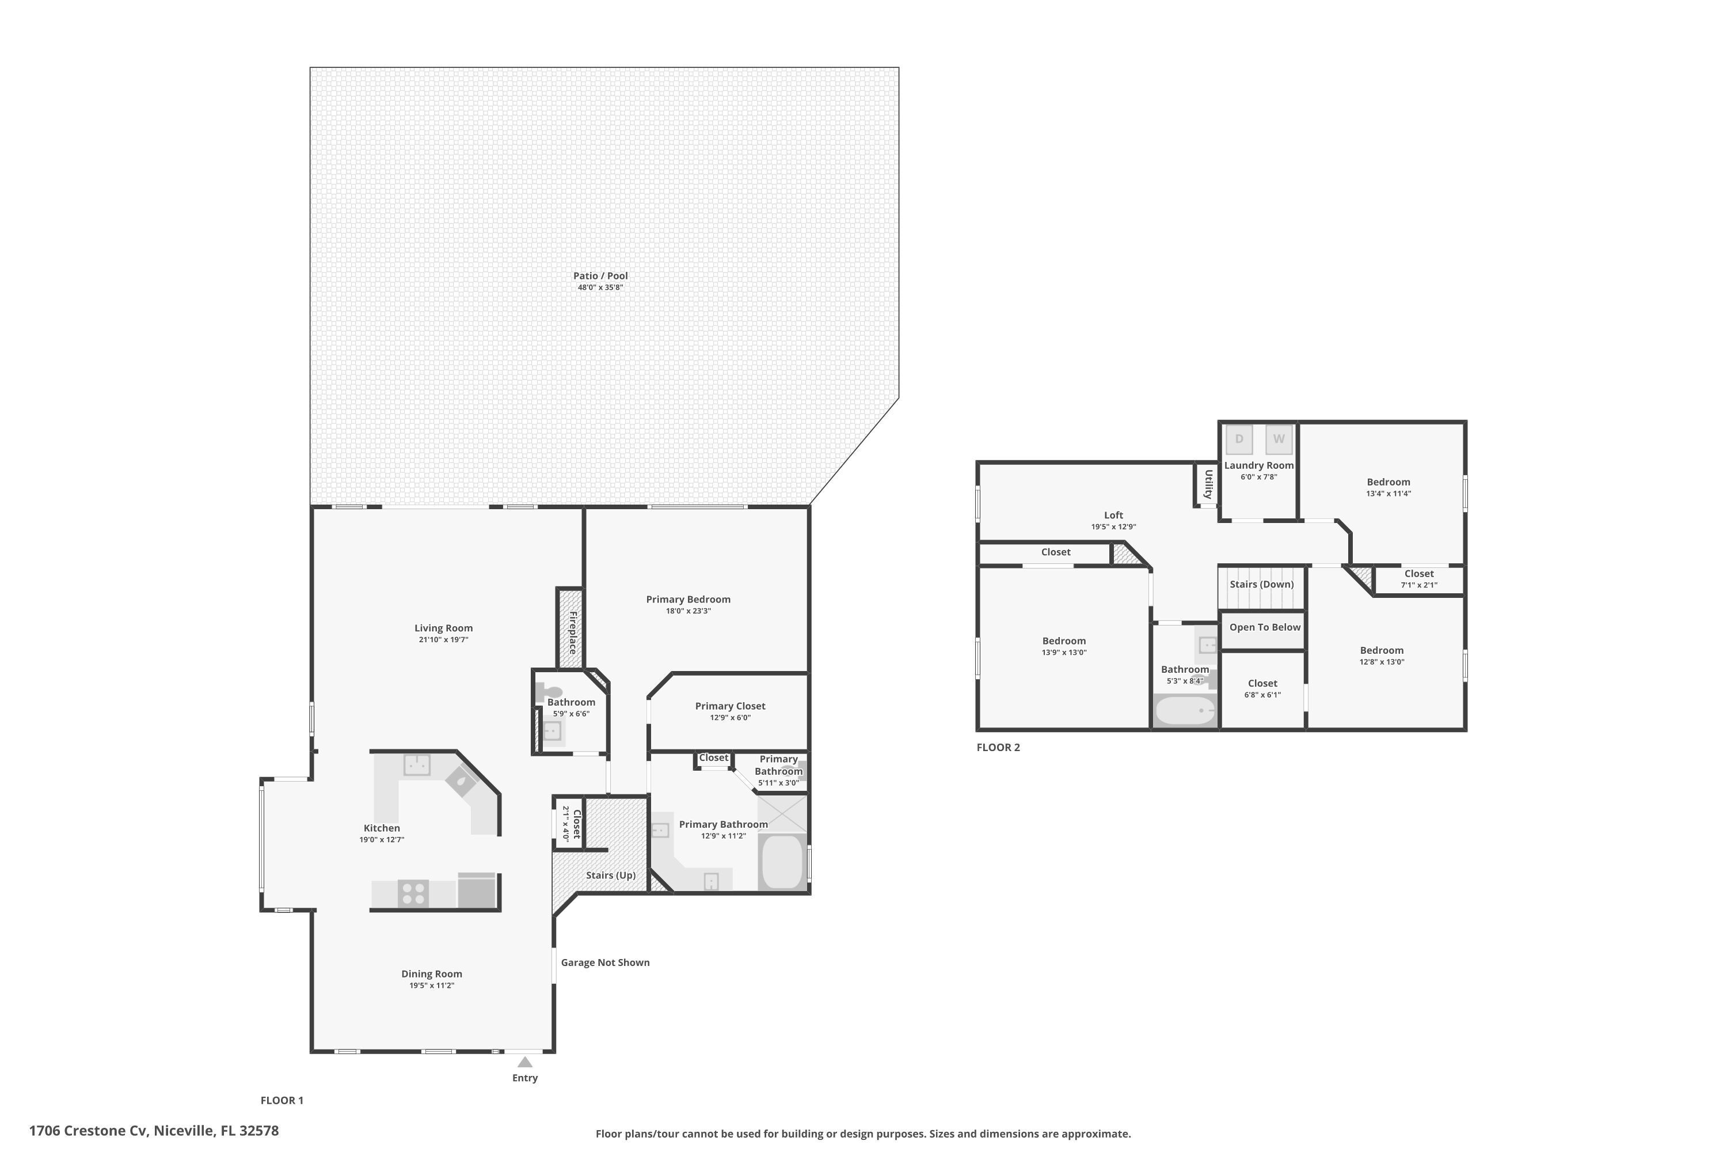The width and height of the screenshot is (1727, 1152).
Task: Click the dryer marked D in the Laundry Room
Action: click(1239, 439)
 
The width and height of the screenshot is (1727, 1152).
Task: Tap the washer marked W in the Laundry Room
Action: click(1279, 439)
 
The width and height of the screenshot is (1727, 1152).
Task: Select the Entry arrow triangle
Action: click(525, 1062)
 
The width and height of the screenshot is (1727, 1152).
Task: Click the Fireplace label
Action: click(573, 632)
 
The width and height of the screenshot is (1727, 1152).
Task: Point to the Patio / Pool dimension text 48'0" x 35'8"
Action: click(600, 287)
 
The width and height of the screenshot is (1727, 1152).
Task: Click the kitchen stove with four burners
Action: click(413, 894)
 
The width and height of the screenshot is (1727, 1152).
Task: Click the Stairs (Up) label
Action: click(610, 875)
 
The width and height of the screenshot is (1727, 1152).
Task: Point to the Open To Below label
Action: click(1264, 627)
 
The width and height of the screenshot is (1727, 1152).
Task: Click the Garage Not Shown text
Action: click(605, 962)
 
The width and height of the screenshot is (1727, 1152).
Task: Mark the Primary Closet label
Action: click(730, 706)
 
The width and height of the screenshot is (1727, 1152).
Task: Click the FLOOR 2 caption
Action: click(998, 747)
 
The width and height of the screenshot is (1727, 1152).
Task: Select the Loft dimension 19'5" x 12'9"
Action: click(1113, 527)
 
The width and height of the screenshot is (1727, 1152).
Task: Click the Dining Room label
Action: click(432, 974)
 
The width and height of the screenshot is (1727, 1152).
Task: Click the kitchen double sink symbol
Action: click(416, 765)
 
